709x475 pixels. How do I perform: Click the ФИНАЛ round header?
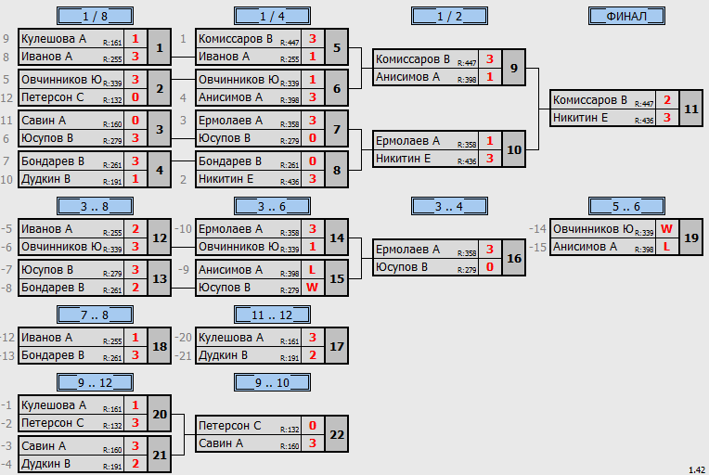(x=626, y=17)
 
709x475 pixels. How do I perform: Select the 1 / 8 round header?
(x=95, y=17)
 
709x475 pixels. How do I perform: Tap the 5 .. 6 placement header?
(x=626, y=207)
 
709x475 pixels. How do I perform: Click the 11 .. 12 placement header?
(x=272, y=315)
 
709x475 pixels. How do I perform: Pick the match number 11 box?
(x=691, y=109)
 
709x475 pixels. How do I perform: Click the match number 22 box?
(x=337, y=434)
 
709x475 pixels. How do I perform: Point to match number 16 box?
(x=514, y=258)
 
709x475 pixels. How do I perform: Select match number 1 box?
(x=160, y=47)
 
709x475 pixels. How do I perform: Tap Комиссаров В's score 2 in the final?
(x=667, y=100)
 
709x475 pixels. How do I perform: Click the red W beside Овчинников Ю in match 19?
(x=666, y=229)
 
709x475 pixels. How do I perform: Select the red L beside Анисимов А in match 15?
(x=312, y=270)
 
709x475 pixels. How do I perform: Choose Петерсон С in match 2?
(x=53, y=97)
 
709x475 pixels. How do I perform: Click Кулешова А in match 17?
(x=230, y=337)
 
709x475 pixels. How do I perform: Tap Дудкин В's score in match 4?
(x=135, y=179)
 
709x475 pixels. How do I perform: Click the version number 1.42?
(x=697, y=470)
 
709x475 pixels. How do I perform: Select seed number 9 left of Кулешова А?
(x=6, y=39)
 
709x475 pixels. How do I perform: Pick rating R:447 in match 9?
(x=467, y=63)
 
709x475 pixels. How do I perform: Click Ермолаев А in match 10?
(x=407, y=141)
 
